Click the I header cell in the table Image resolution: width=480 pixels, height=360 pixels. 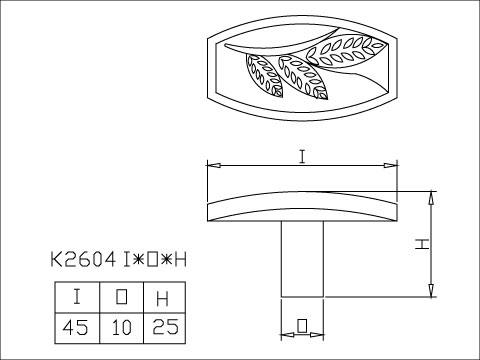(x=77, y=298)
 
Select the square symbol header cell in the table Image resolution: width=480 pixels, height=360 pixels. (x=121, y=298)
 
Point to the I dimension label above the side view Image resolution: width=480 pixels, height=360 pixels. (x=301, y=155)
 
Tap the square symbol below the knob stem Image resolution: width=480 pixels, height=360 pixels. (x=302, y=325)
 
